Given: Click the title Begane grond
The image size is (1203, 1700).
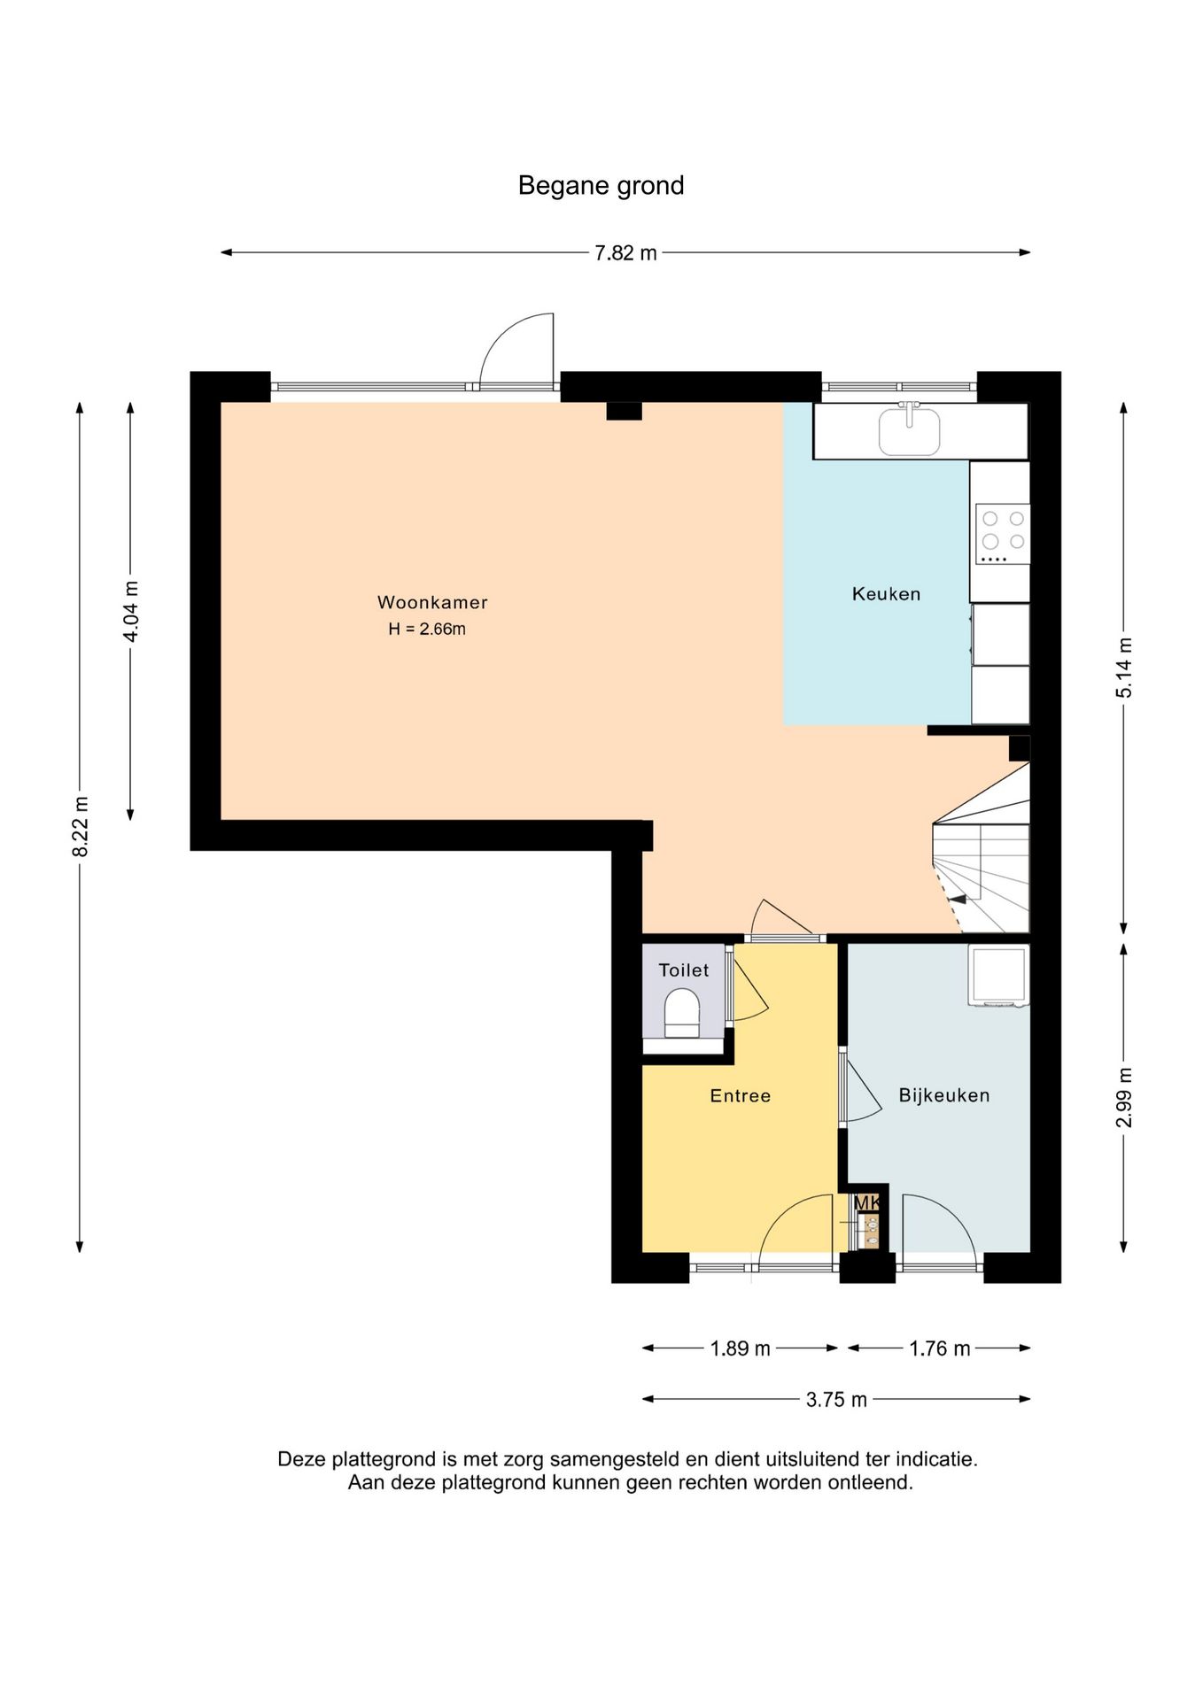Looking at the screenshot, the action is click(601, 186).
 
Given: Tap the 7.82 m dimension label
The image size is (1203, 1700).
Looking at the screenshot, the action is click(625, 253).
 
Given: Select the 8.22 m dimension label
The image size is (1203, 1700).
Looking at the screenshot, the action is click(81, 826).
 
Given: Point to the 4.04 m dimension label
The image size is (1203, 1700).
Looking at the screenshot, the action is click(131, 611).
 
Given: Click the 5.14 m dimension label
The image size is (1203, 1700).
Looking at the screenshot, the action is click(1124, 667).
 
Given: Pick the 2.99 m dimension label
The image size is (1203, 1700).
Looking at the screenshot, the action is click(1124, 1097).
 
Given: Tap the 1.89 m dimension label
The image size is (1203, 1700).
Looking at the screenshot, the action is click(740, 1348).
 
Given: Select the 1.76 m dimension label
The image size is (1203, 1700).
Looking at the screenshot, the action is click(940, 1348).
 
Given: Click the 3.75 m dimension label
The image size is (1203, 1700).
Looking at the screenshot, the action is click(836, 1400).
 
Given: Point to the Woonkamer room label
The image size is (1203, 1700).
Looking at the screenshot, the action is click(432, 602).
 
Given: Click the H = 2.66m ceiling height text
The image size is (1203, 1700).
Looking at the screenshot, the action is click(427, 629).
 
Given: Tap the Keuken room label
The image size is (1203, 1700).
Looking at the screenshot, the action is click(886, 594).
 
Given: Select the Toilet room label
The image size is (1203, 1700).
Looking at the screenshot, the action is click(684, 970).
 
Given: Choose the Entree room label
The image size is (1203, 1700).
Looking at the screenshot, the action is click(741, 1096).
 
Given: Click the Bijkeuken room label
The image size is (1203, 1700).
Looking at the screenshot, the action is click(944, 1095).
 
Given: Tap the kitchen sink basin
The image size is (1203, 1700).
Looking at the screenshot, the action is click(909, 431).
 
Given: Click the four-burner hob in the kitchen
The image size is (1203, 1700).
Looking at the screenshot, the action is click(1003, 534).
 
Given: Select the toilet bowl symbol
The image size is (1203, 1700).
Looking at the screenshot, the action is click(682, 1014).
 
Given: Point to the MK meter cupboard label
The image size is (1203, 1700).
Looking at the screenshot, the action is click(867, 1203).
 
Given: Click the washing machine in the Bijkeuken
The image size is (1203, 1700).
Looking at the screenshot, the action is click(998, 976).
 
